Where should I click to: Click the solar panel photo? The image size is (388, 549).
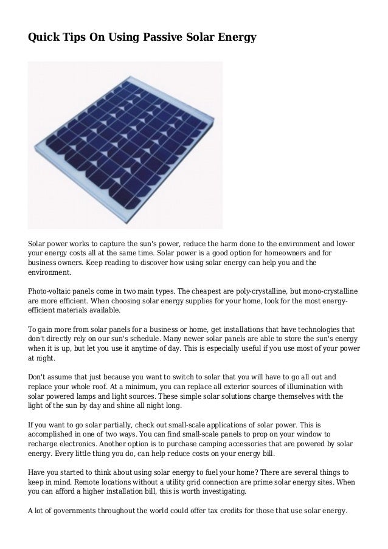click(x=125, y=144)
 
